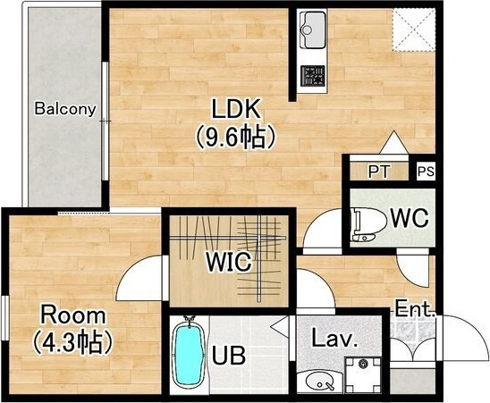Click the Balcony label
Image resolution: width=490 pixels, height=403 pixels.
click(x=65, y=109)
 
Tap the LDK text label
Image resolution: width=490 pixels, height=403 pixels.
click(x=236, y=109)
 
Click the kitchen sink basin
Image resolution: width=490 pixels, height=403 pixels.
click(x=312, y=29)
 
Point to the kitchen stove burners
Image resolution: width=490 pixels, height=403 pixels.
click(x=312, y=76)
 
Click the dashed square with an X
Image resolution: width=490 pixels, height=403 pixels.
click(x=414, y=29)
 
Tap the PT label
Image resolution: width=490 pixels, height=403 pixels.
click(x=379, y=172)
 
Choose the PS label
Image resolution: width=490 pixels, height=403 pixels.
click(x=427, y=172)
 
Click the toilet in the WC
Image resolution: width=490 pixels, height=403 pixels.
click(x=367, y=224)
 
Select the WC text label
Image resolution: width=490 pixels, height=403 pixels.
click(x=410, y=218)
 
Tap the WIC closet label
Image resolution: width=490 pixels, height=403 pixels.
click(x=228, y=261)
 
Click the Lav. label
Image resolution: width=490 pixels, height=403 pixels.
click(x=334, y=340)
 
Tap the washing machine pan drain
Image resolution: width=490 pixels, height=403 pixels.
click(x=363, y=364)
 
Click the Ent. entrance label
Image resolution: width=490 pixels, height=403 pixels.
click(x=415, y=309)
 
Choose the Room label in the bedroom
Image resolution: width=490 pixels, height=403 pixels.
click(x=73, y=315)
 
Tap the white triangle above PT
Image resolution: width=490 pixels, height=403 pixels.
click(x=393, y=143)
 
